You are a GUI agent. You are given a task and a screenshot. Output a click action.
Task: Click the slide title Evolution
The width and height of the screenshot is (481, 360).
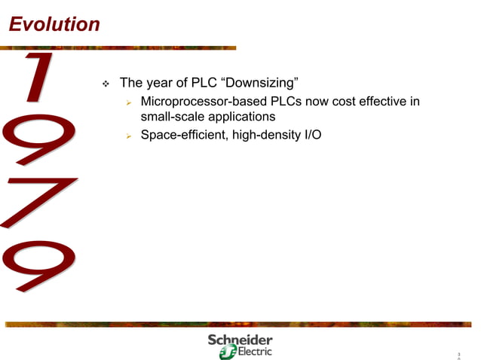[x=54, y=24]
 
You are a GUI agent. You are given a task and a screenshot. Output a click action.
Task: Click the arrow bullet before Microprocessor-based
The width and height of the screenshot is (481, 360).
[x=130, y=102]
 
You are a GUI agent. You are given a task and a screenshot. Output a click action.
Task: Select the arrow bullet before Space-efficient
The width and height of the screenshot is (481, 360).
[x=130, y=136]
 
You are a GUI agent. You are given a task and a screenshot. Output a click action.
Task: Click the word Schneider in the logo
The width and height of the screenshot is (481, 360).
[x=240, y=340]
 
